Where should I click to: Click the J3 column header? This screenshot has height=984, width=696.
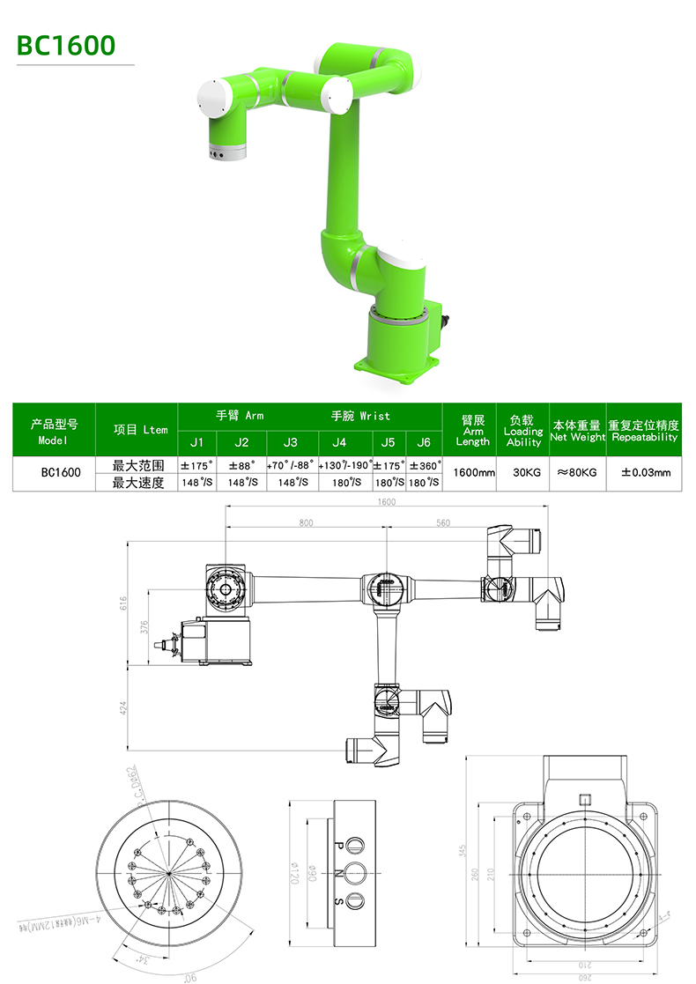coord(290,442)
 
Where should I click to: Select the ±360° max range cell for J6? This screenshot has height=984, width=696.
coord(424,465)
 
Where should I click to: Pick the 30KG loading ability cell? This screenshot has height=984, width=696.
coord(526,473)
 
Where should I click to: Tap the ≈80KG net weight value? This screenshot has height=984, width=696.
coord(577,473)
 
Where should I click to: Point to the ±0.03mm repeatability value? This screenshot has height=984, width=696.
coord(645,473)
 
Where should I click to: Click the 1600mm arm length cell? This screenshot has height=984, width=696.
coord(473,473)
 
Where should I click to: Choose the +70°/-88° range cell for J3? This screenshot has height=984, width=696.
coord(290,465)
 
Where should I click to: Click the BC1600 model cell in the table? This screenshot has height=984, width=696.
coord(61,473)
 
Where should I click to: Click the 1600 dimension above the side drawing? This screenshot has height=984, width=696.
coord(386,502)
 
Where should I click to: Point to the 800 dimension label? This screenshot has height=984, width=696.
coord(306,523)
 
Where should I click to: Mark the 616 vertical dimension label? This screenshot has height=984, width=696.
coord(124,603)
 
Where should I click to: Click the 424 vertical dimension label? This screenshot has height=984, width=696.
coord(124,707)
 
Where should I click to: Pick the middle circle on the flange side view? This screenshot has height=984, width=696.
coord(356,873)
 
